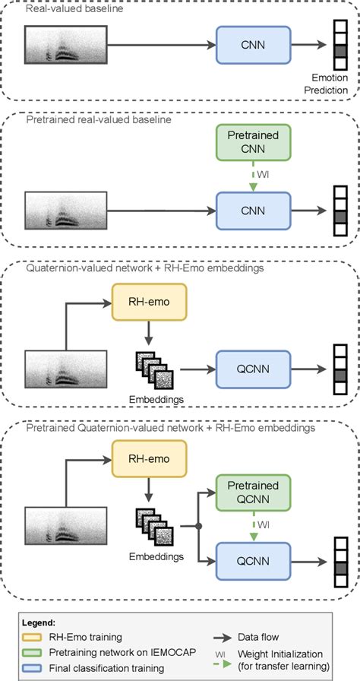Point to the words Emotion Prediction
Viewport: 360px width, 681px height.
coord(329,83)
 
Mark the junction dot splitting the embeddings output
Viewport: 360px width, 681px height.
coord(198,525)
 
